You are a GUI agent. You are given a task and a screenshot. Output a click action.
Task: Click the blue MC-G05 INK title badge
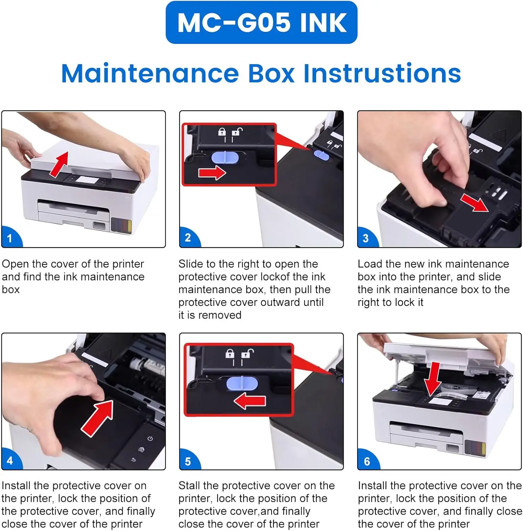pos(261,22)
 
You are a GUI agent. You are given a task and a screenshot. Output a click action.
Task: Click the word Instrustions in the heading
pos(382,73)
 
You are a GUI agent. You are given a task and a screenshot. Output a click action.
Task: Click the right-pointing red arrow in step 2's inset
pos(212,173)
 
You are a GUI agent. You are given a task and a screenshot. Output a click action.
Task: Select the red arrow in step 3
pos(474,202)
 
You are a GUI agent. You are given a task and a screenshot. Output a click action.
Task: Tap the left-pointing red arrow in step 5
pos(250,401)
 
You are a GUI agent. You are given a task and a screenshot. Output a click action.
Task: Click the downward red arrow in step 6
pos(433,379)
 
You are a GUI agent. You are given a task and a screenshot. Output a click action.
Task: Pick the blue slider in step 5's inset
pos(242,383)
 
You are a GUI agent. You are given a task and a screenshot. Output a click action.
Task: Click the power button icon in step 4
pos(150,439)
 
